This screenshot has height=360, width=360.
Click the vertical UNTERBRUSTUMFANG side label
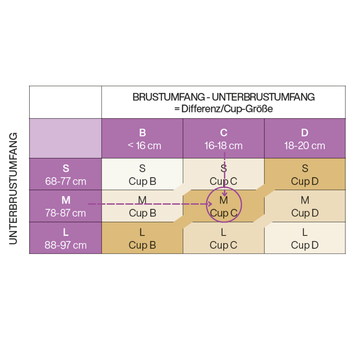coord(13,188)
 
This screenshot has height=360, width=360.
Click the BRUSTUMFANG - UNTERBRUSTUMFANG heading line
coord(223,97)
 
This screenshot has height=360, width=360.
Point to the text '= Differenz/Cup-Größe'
coord(223,109)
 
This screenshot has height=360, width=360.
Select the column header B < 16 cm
coord(142,139)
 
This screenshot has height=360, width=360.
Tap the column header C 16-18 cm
coord(224,139)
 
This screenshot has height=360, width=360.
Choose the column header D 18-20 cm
coord(305,139)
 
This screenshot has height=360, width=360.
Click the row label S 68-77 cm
coord(66,174)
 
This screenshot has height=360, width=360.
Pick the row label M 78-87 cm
coord(66,206)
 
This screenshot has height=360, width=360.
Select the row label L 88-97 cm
coord(66,238)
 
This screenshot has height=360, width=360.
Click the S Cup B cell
coord(142,174)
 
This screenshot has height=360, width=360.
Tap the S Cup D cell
coord(305,174)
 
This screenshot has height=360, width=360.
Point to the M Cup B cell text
coord(142,206)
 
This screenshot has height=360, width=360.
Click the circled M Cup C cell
coord(224,206)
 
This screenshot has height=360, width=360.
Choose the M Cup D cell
coord(305,206)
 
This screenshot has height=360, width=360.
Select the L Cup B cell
coord(142,238)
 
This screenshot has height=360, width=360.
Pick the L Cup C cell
coord(224,238)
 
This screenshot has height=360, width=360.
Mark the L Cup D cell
coord(305,238)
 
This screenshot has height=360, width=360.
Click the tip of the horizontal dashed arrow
coord(211,203)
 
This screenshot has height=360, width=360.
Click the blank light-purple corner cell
coord(66,138)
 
